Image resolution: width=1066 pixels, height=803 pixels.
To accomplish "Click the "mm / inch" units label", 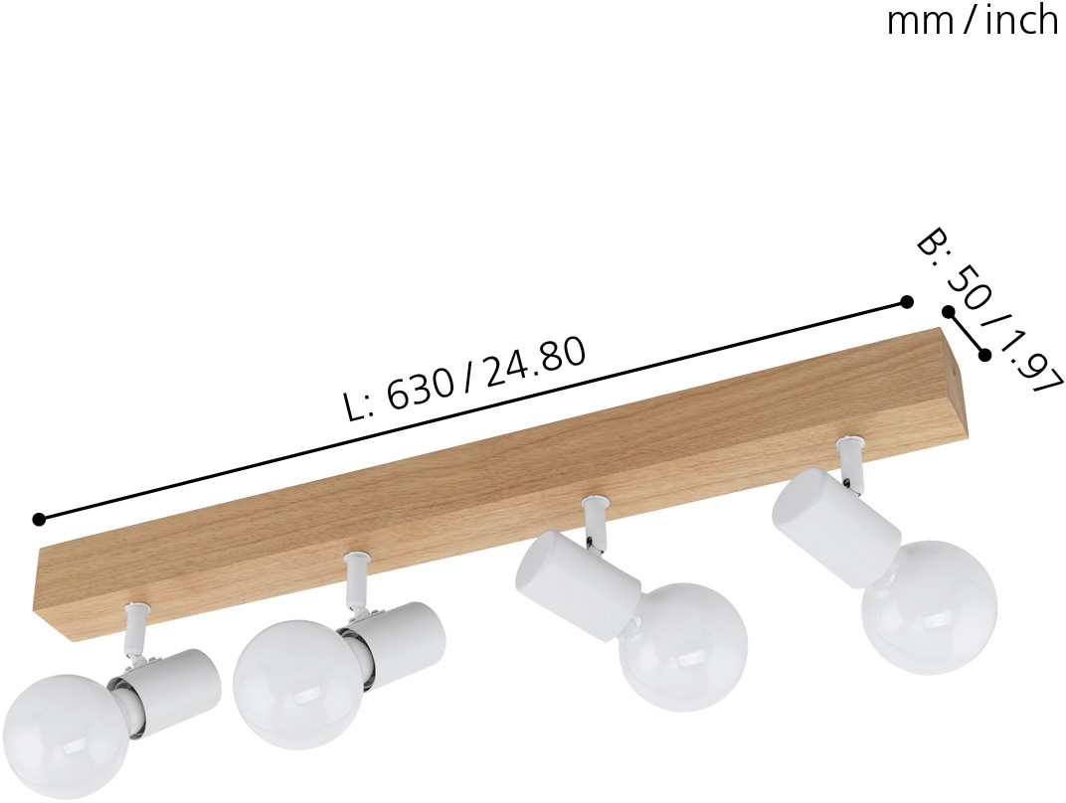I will tap(972, 20).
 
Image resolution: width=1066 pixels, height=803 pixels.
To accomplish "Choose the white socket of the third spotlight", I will tap(574, 580).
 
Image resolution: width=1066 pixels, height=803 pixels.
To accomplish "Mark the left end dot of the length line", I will tap(39, 519).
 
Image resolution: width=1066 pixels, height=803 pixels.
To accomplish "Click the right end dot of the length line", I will tap(906, 301).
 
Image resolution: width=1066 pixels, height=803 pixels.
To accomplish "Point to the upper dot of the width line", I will tap(948, 312).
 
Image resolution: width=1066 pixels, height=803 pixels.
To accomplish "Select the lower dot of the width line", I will tap(985, 354).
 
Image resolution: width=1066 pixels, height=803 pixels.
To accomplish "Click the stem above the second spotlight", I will tap(357, 582).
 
